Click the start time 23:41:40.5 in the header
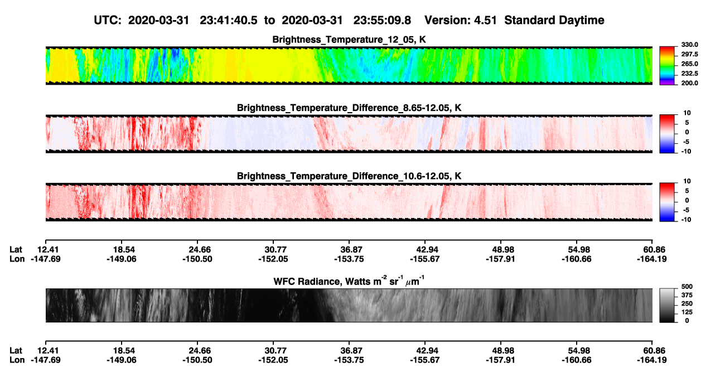[228, 21]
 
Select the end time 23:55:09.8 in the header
[382, 21]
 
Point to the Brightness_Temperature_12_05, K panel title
[349, 40]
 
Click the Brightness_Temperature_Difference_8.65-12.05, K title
[349, 108]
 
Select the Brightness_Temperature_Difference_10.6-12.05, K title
[349, 176]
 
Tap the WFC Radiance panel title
[349, 281]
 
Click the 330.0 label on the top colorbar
[689, 45]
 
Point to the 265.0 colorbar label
[689, 64]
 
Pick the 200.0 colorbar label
[689, 83]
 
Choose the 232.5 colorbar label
[689, 74]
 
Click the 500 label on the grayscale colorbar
[687, 287]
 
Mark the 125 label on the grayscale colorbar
[687, 312]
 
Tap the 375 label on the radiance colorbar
[687, 295]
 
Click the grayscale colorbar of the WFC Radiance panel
[667, 305]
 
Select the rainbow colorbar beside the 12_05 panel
[667, 66]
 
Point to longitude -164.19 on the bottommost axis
[652, 360]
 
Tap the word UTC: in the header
[108, 21]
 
